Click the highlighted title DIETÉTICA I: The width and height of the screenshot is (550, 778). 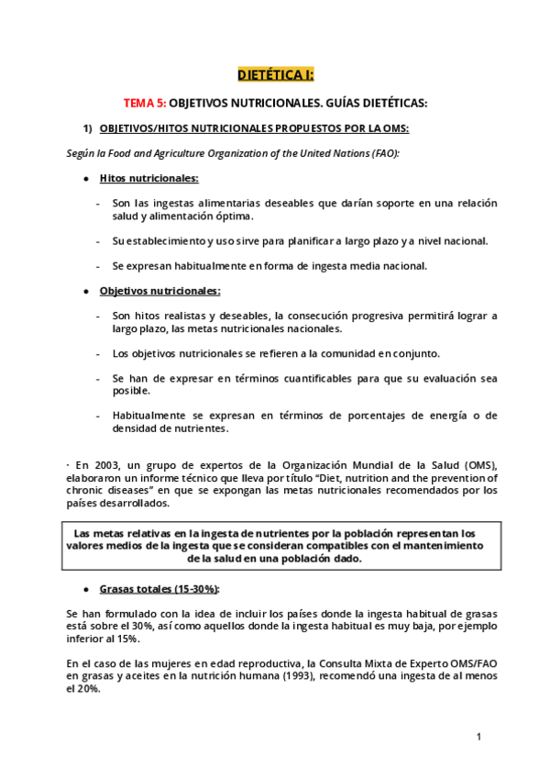[x=275, y=74]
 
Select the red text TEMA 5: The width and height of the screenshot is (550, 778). [x=145, y=104]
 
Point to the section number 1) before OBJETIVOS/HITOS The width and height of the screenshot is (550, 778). [x=89, y=128]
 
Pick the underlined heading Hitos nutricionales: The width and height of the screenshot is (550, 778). [x=148, y=178]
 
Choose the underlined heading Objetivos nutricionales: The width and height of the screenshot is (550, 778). [x=159, y=291]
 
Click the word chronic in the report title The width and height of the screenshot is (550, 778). [x=88, y=491]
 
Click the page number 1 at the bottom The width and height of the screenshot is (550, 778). [x=478, y=737]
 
